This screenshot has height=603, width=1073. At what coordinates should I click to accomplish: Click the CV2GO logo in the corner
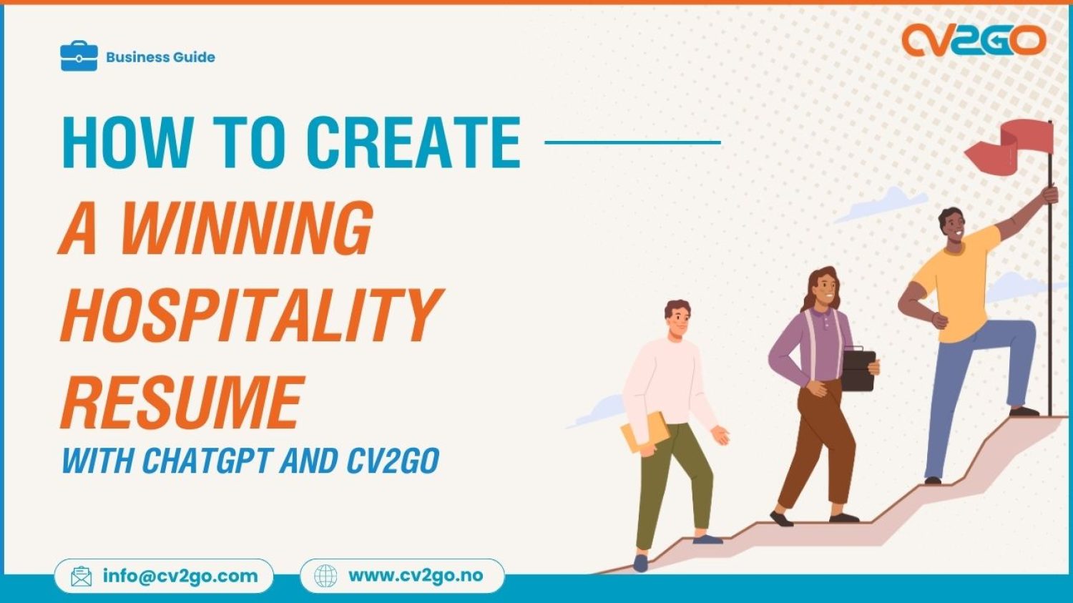coord(974,40)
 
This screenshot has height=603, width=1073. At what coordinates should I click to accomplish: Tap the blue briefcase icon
coord(79,57)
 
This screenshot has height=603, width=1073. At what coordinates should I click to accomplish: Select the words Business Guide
coord(160,57)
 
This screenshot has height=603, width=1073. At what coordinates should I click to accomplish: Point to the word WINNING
coord(247,229)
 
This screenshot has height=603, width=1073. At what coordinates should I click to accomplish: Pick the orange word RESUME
coord(182,402)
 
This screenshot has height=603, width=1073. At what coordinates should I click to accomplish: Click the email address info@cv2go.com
coord(180,576)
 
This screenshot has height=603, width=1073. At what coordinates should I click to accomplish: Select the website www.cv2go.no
coord(416,576)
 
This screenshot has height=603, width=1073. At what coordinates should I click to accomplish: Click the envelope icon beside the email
coord(82,577)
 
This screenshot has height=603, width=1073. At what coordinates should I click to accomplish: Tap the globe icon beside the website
coord(325,576)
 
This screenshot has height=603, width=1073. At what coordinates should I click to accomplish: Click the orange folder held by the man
coord(645,433)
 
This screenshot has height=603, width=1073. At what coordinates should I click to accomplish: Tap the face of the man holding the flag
coord(954,227)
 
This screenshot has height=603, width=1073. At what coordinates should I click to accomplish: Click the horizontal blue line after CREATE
coord(632,142)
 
